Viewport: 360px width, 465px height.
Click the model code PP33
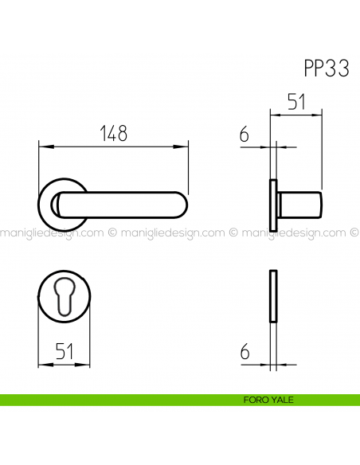pyautogui.click(x=327, y=68)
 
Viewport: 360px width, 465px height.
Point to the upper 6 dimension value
pyautogui.click(x=245, y=135)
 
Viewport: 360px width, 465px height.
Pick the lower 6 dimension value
pyautogui.click(x=245, y=351)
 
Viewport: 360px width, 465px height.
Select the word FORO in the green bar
pyautogui.click(x=255, y=400)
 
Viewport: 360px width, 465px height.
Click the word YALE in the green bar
pyautogui.click(x=282, y=400)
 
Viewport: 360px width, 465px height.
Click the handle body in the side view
pyautogui.click(x=301, y=205)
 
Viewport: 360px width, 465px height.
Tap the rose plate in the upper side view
pyautogui.click(x=274, y=205)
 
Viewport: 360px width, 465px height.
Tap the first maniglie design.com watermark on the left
pyautogui.click(x=51, y=233)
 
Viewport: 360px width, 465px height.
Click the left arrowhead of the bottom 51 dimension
pyautogui.click(x=41, y=364)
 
